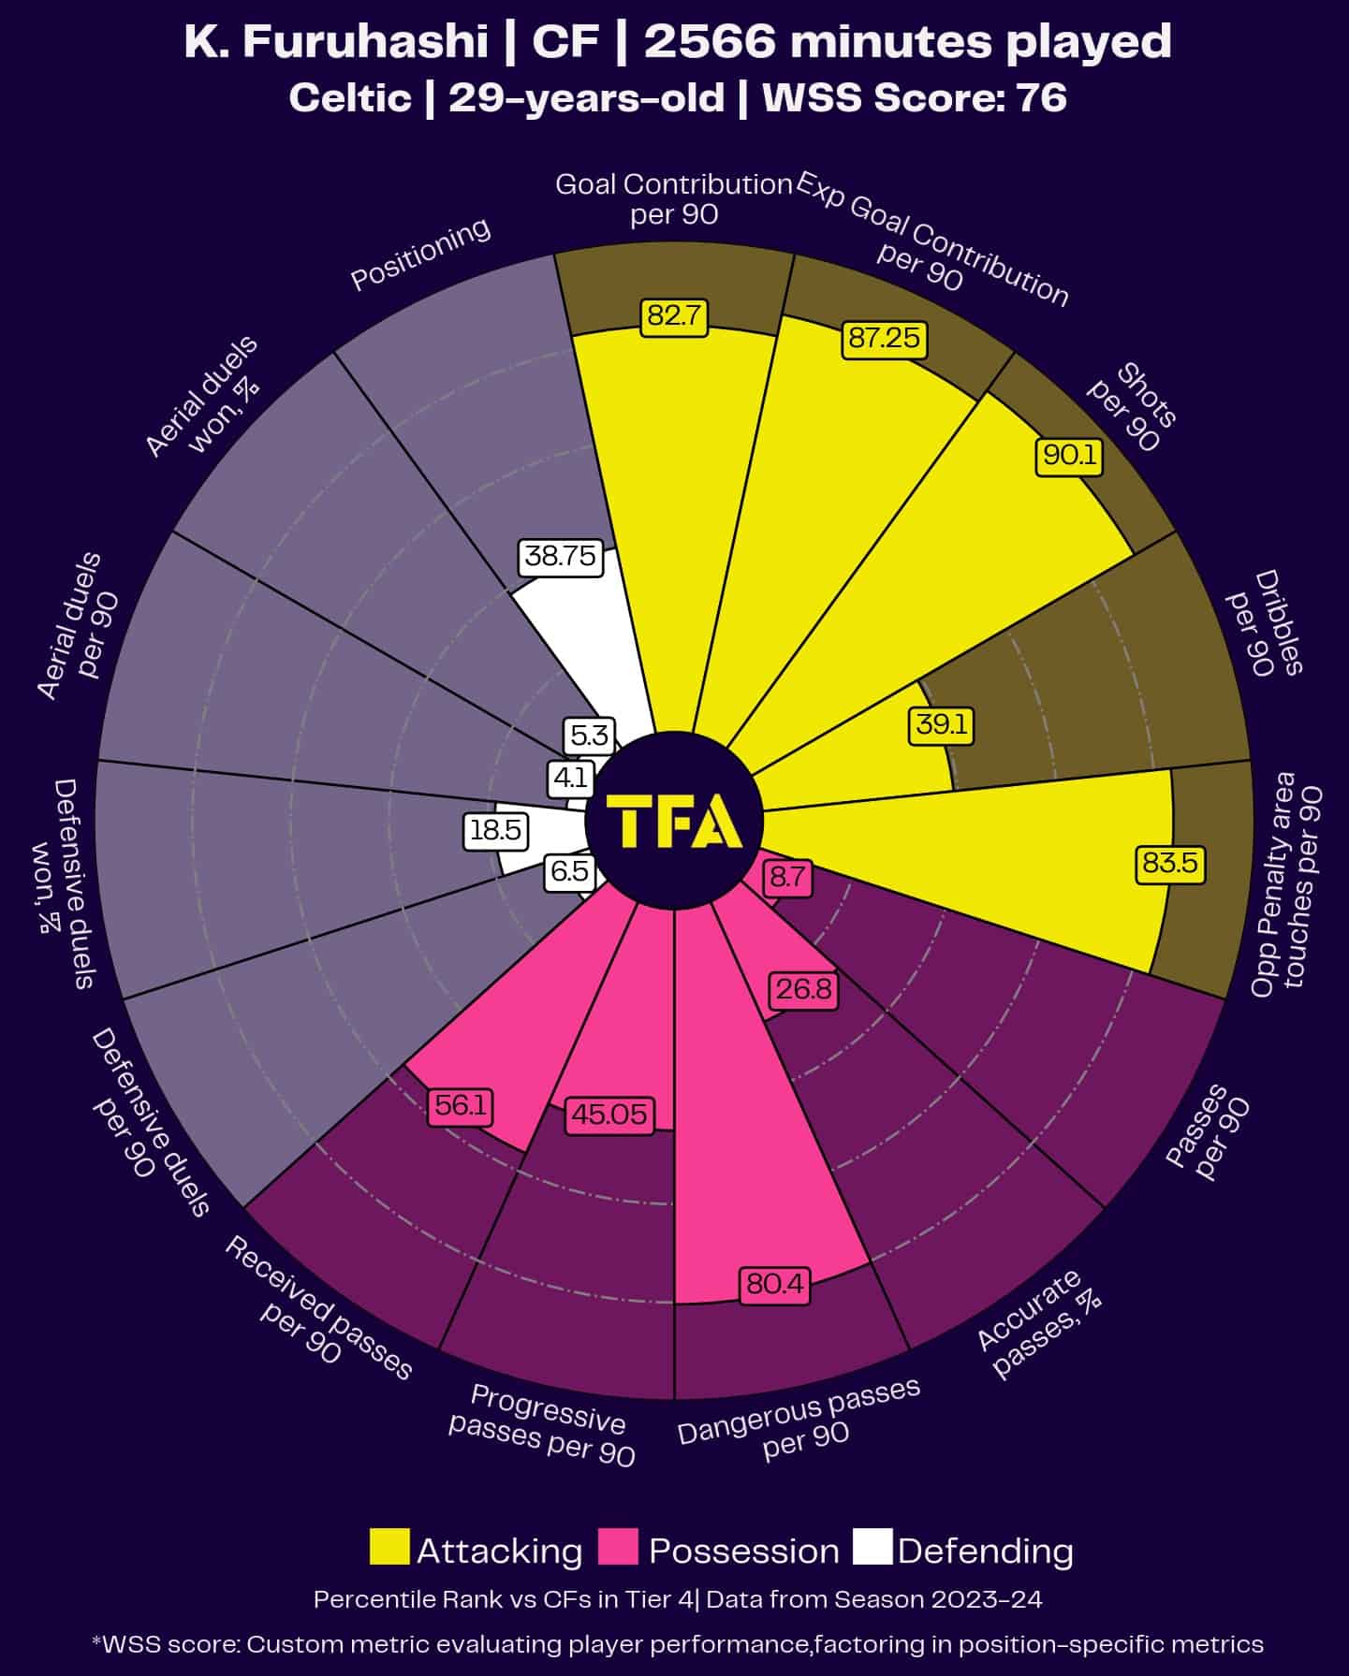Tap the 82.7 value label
click(x=674, y=316)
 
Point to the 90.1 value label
click(x=1069, y=456)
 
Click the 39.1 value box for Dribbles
click(x=942, y=725)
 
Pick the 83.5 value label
click(x=1169, y=863)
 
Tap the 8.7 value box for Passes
click(x=787, y=878)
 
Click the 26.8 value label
click(x=803, y=989)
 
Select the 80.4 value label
click(x=774, y=1285)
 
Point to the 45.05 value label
click(x=609, y=1115)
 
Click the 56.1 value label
click(x=461, y=1106)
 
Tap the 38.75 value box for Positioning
click(x=560, y=557)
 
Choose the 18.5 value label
click(x=495, y=830)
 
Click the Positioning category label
click(x=420, y=254)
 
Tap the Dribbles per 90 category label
click(x=1265, y=624)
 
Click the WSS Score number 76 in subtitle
click(x=1040, y=97)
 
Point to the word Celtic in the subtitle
click(x=350, y=97)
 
